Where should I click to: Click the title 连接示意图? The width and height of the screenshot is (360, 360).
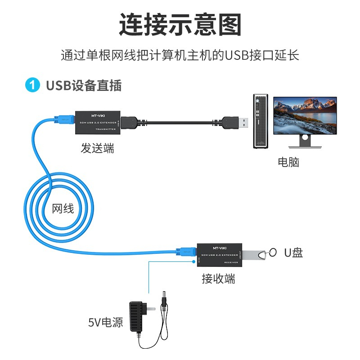tap(180, 24)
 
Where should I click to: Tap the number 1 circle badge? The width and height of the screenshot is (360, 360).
tap(32, 85)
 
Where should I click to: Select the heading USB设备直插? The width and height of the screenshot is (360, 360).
tap(84, 85)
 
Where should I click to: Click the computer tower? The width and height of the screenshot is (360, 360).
tap(260, 121)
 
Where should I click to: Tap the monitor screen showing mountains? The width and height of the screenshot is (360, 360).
tap(306, 115)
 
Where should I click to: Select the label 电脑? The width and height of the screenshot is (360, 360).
tap(288, 162)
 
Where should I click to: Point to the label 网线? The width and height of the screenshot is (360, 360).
tap(63, 208)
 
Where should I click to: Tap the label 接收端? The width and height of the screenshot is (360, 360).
tap(218, 279)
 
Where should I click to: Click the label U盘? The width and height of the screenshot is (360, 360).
tap(293, 253)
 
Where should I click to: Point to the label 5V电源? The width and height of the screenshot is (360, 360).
tap(105, 322)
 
